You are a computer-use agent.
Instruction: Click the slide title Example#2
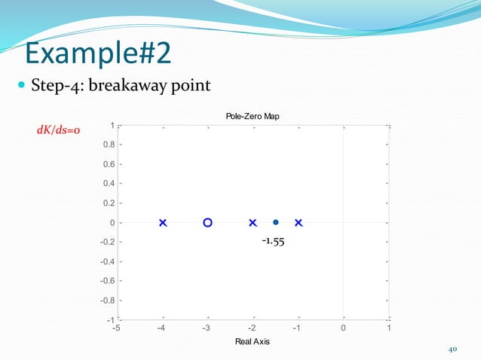coord(97,53)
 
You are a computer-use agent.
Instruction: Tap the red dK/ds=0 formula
coord(60,130)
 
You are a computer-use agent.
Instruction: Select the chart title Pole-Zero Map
coord(253,115)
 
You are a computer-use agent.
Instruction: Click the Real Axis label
coord(253,341)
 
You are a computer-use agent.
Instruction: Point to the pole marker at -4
coord(163,223)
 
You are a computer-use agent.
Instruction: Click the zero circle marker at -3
coord(208,223)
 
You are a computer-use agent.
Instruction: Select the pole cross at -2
coord(253,223)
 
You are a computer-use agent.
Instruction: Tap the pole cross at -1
coord(299,223)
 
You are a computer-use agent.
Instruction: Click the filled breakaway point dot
coord(276,223)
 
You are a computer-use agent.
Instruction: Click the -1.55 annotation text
coord(273,242)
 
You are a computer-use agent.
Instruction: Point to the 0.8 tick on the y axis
coord(109,145)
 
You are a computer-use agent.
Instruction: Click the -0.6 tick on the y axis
coord(108,281)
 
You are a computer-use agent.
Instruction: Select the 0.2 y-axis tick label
coord(109,203)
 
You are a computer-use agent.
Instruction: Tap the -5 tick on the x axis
coord(117,328)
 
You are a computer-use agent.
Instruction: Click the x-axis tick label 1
coord(388,328)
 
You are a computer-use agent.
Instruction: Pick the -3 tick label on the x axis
coord(207,328)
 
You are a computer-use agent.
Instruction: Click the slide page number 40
coord(453,349)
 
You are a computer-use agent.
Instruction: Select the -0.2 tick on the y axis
coord(108,242)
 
